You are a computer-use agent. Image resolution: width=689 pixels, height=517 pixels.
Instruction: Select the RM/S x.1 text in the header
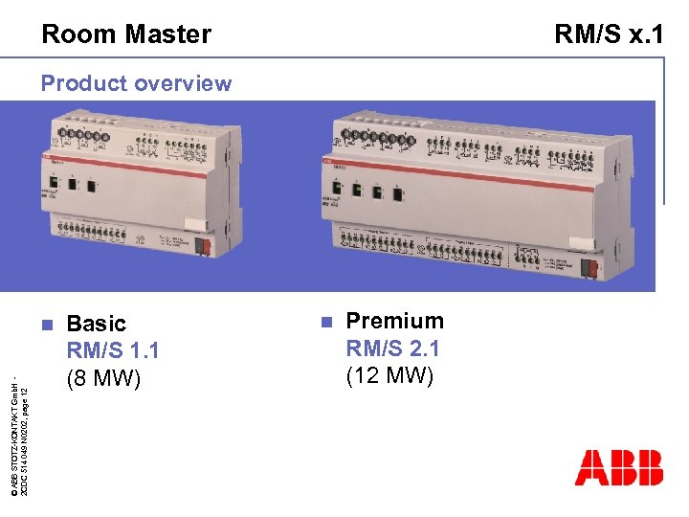click(610, 34)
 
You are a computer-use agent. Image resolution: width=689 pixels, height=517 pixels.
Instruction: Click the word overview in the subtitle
click(184, 83)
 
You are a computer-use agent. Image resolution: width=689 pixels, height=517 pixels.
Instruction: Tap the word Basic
click(96, 324)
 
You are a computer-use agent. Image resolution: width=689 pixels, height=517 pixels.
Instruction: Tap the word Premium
click(394, 321)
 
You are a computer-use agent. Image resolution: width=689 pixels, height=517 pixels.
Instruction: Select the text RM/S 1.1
click(112, 351)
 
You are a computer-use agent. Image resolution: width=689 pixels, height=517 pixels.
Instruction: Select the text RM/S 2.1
click(392, 348)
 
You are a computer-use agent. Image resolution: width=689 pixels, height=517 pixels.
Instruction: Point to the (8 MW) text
click(103, 379)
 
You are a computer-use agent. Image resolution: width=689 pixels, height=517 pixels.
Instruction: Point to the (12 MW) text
click(389, 375)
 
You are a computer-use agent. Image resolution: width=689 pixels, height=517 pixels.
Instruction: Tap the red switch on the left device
click(203, 246)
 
